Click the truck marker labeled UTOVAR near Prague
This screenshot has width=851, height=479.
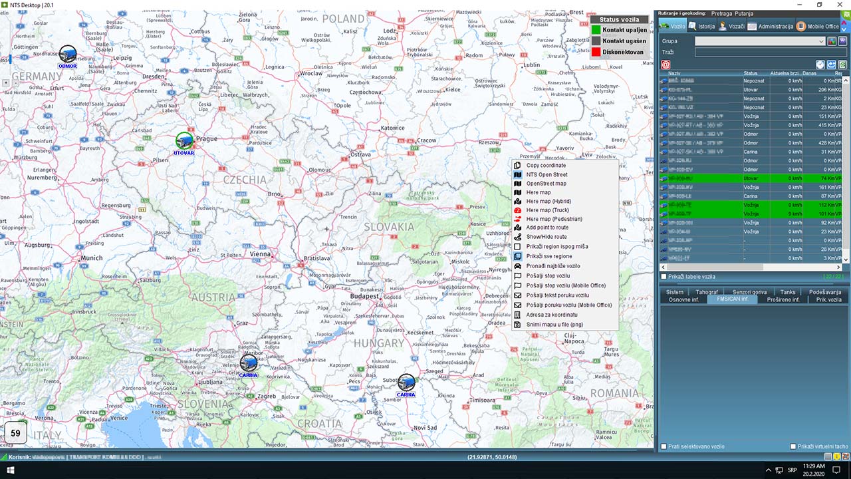(x=184, y=141)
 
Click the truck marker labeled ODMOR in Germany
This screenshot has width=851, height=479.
(x=68, y=54)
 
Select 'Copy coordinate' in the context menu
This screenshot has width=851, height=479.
(x=546, y=166)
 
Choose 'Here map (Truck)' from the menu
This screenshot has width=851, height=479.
(x=547, y=210)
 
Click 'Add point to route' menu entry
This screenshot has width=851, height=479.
(x=547, y=228)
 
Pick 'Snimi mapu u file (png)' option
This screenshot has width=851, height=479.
(x=554, y=325)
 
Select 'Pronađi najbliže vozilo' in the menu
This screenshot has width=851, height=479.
(x=552, y=266)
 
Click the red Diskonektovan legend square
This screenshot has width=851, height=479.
(x=596, y=52)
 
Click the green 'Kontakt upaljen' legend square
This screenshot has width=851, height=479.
(x=596, y=30)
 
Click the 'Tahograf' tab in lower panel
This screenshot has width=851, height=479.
(x=707, y=292)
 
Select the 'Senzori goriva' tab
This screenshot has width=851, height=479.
(x=749, y=292)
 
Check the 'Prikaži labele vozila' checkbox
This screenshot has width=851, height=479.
(x=664, y=277)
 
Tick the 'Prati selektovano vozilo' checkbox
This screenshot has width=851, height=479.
(x=664, y=446)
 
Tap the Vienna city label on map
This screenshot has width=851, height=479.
(x=260, y=253)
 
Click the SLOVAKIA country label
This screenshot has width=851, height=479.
(x=389, y=227)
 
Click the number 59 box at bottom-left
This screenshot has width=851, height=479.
(x=15, y=434)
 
